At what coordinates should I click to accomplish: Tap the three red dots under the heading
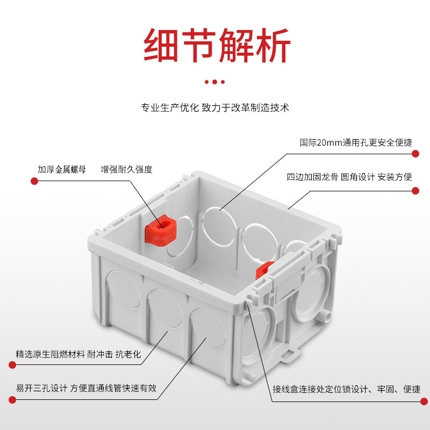215,82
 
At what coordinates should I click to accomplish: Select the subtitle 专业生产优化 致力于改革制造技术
215,107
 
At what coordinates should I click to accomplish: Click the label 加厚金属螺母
61,169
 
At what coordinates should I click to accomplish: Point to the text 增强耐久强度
127,169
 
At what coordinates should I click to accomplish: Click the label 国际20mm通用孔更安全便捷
356,143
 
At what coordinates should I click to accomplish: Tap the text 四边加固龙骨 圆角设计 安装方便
349,177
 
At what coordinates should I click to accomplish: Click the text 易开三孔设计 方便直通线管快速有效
86,388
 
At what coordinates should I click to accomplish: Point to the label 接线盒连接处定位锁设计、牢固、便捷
346,389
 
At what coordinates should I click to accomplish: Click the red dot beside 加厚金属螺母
34,181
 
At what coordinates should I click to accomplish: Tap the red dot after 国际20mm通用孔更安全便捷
415,154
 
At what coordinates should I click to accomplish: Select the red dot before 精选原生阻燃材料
12,365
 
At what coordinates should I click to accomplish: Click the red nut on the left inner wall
161,230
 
